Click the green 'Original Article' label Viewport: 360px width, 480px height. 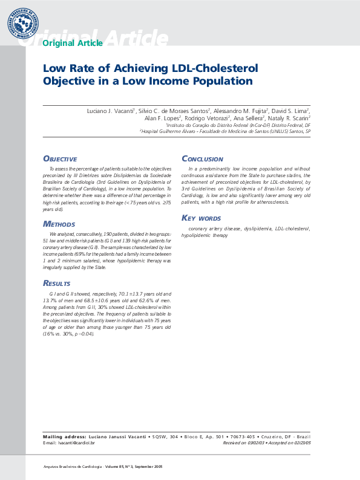tap(73, 43)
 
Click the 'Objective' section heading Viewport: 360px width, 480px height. tap(60, 158)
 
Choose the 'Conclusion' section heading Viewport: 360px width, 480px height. tap(203, 159)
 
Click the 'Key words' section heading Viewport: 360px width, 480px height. tap(201, 218)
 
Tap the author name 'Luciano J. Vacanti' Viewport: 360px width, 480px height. tap(111, 111)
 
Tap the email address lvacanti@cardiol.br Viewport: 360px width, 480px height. tap(76, 443)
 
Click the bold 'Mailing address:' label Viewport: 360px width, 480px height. tap(65, 436)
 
